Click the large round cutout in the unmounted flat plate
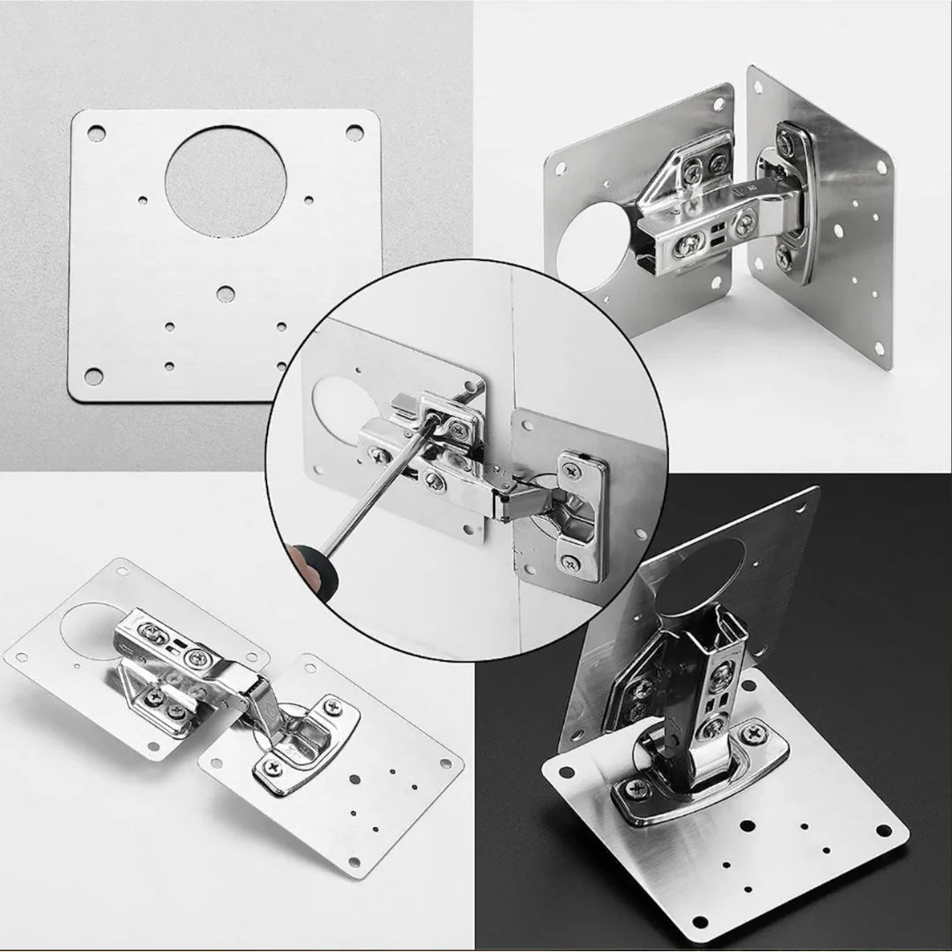click(226, 182)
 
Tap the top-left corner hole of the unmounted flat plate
click(95, 133)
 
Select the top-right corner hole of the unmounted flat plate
click(354, 132)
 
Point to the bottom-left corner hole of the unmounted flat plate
click(93, 376)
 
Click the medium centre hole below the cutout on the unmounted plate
click(226, 294)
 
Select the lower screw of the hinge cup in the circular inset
click(571, 560)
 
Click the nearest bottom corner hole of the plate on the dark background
click(700, 922)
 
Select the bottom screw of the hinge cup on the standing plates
click(784, 258)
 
